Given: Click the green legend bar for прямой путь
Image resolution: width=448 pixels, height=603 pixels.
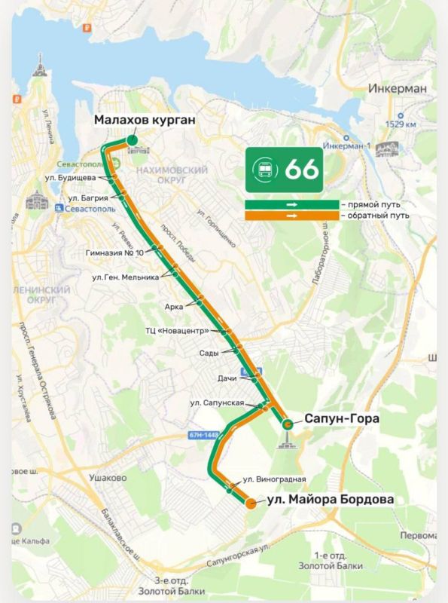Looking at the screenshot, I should pos(291,204).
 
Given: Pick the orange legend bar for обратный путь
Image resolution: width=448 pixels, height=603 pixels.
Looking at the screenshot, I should pos(291,216).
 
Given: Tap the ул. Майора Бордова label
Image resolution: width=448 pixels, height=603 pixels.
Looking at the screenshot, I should pos(331,499).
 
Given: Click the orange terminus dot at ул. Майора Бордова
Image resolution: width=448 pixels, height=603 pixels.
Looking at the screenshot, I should pos(251,504).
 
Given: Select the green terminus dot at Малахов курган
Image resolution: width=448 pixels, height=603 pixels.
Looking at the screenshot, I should pos(132,139).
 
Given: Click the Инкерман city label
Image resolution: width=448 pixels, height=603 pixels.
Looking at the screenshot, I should pos(398,88).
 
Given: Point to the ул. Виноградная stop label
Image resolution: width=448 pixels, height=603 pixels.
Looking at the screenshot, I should pos(274,479).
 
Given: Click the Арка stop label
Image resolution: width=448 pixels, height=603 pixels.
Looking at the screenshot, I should pos(174,307).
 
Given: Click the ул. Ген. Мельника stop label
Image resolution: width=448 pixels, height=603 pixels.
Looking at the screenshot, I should pos(126,277).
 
